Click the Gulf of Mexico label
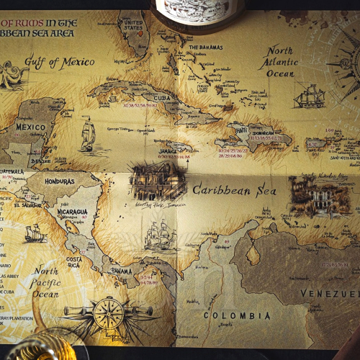60,62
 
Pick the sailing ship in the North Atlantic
310,96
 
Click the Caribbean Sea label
233,191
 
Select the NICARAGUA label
73,212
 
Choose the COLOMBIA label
237,315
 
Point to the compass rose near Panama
109,314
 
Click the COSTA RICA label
73,262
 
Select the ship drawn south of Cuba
88,135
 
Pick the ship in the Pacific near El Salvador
34,233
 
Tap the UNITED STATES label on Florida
134,27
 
